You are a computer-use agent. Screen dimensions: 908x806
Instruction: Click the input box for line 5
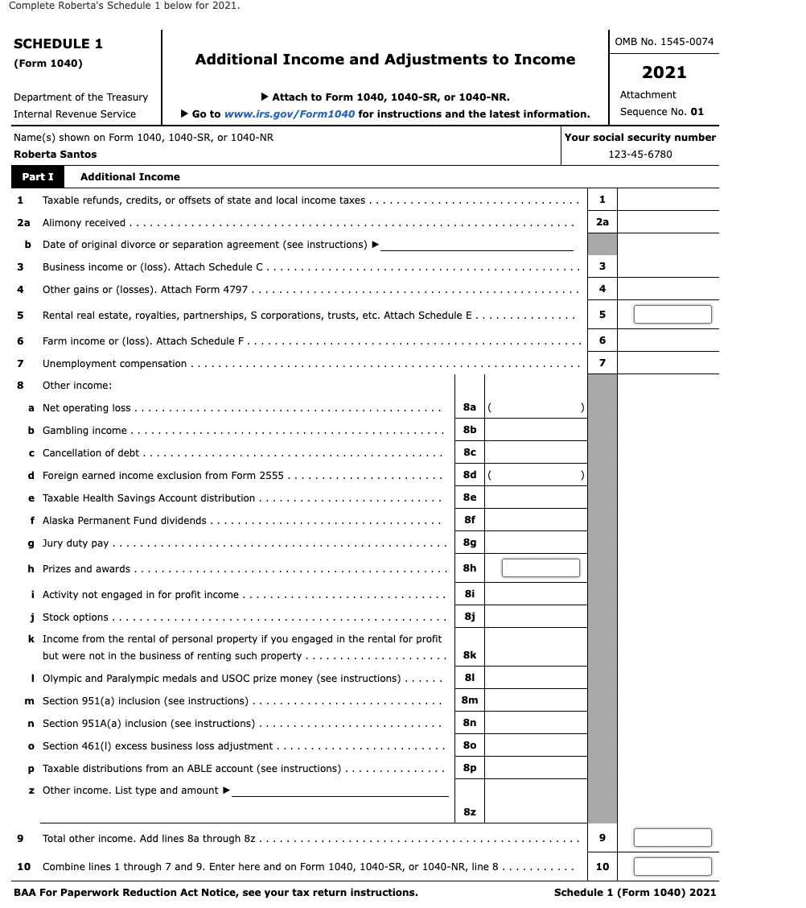click(672, 315)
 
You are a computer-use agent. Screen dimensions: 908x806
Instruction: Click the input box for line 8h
click(541, 568)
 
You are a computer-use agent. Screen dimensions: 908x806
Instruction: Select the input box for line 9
click(672, 838)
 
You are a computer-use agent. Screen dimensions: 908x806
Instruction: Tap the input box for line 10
click(672, 867)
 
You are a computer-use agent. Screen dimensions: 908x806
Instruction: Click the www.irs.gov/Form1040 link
click(290, 114)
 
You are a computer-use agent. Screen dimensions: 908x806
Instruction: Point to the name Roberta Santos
click(56, 155)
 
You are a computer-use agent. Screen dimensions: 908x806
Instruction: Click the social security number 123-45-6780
click(640, 155)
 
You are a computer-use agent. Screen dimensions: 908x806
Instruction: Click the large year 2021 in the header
click(664, 72)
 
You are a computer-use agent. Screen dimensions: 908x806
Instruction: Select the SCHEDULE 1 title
click(58, 44)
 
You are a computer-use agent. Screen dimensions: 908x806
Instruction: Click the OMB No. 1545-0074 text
click(664, 42)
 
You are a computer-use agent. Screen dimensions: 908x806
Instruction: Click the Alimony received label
click(84, 223)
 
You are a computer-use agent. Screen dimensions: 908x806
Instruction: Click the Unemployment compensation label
click(114, 364)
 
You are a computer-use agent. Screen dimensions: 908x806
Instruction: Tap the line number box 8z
click(470, 812)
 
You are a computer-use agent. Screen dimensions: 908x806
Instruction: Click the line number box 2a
click(602, 222)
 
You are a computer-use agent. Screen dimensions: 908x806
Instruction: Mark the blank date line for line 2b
click(477, 245)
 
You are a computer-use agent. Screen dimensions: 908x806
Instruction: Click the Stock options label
click(75, 617)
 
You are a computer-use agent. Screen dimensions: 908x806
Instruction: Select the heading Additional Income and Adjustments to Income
click(384, 60)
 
